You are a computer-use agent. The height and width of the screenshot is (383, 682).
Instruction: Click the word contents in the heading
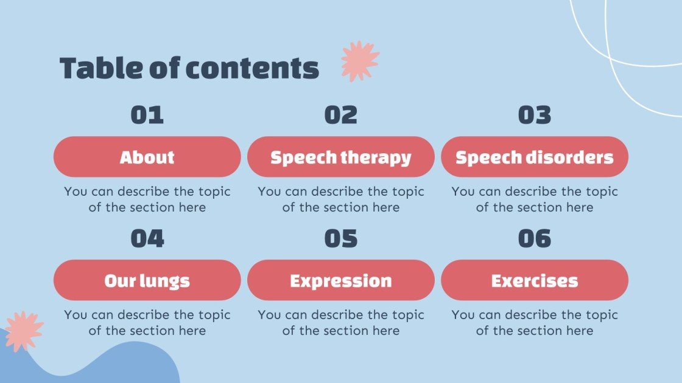(x=252, y=68)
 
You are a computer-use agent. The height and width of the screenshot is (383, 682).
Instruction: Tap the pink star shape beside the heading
(x=359, y=61)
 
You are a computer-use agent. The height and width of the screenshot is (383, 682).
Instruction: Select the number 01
(x=147, y=115)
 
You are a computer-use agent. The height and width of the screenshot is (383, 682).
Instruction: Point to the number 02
(x=341, y=115)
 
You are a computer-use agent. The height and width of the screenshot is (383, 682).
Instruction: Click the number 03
(x=535, y=115)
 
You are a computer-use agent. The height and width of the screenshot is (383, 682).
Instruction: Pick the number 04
(x=147, y=238)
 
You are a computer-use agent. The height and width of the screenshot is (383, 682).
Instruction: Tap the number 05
(x=341, y=238)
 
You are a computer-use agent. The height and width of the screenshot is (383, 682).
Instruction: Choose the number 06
(x=535, y=238)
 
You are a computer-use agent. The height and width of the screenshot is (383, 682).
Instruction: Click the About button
(x=147, y=157)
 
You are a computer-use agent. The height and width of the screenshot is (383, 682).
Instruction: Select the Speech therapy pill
(x=341, y=157)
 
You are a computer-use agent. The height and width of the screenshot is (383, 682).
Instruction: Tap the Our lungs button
(x=147, y=280)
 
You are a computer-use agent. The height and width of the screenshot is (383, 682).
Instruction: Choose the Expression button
(x=341, y=280)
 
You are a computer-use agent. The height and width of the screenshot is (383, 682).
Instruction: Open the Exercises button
(x=535, y=280)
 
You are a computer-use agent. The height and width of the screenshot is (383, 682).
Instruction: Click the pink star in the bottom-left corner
(x=23, y=331)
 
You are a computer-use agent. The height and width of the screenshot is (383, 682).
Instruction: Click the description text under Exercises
(x=535, y=323)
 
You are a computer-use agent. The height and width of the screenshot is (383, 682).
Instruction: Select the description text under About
(x=147, y=199)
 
